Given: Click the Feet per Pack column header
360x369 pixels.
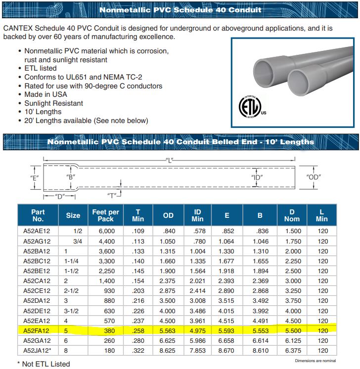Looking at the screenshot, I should click(x=106, y=215).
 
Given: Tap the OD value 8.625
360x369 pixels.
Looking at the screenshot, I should click(x=168, y=350).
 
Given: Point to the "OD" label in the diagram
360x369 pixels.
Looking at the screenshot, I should click(x=315, y=177).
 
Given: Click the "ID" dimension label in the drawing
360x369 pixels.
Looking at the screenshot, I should click(x=257, y=177).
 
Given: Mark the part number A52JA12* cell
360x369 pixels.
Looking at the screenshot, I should click(x=38, y=350).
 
